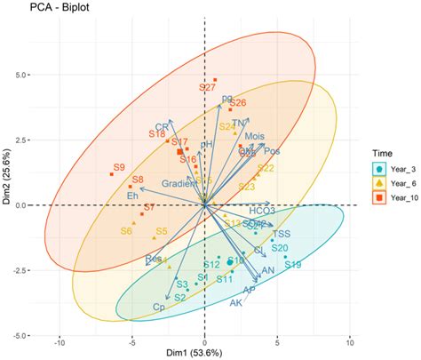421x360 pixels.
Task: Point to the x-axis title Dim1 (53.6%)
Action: pyautogui.click(x=204, y=353)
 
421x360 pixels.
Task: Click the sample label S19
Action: pyautogui.click(x=293, y=265)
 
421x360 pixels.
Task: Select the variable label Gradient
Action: pyautogui.click(x=178, y=183)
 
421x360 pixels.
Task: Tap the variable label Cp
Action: pyautogui.click(x=160, y=308)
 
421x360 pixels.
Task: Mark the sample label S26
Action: pyautogui.click(x=238, y=103)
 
